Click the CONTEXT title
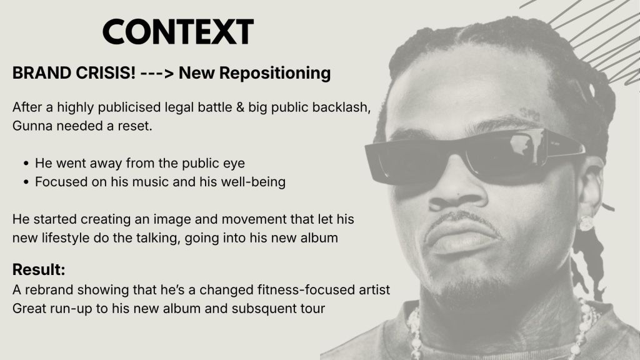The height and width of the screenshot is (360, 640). tap(178, 31)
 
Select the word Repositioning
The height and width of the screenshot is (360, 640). tap(275, 74)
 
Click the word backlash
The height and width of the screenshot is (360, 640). tap(341, 107)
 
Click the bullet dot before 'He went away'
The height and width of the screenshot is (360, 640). tap(26, 164)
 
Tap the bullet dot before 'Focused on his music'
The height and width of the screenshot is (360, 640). tap(26, 182)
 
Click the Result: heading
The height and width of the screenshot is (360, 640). tap(39, 270)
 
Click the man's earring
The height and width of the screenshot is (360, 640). tap(586, 223)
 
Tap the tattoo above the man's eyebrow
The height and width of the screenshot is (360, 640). tap(529, 114)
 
